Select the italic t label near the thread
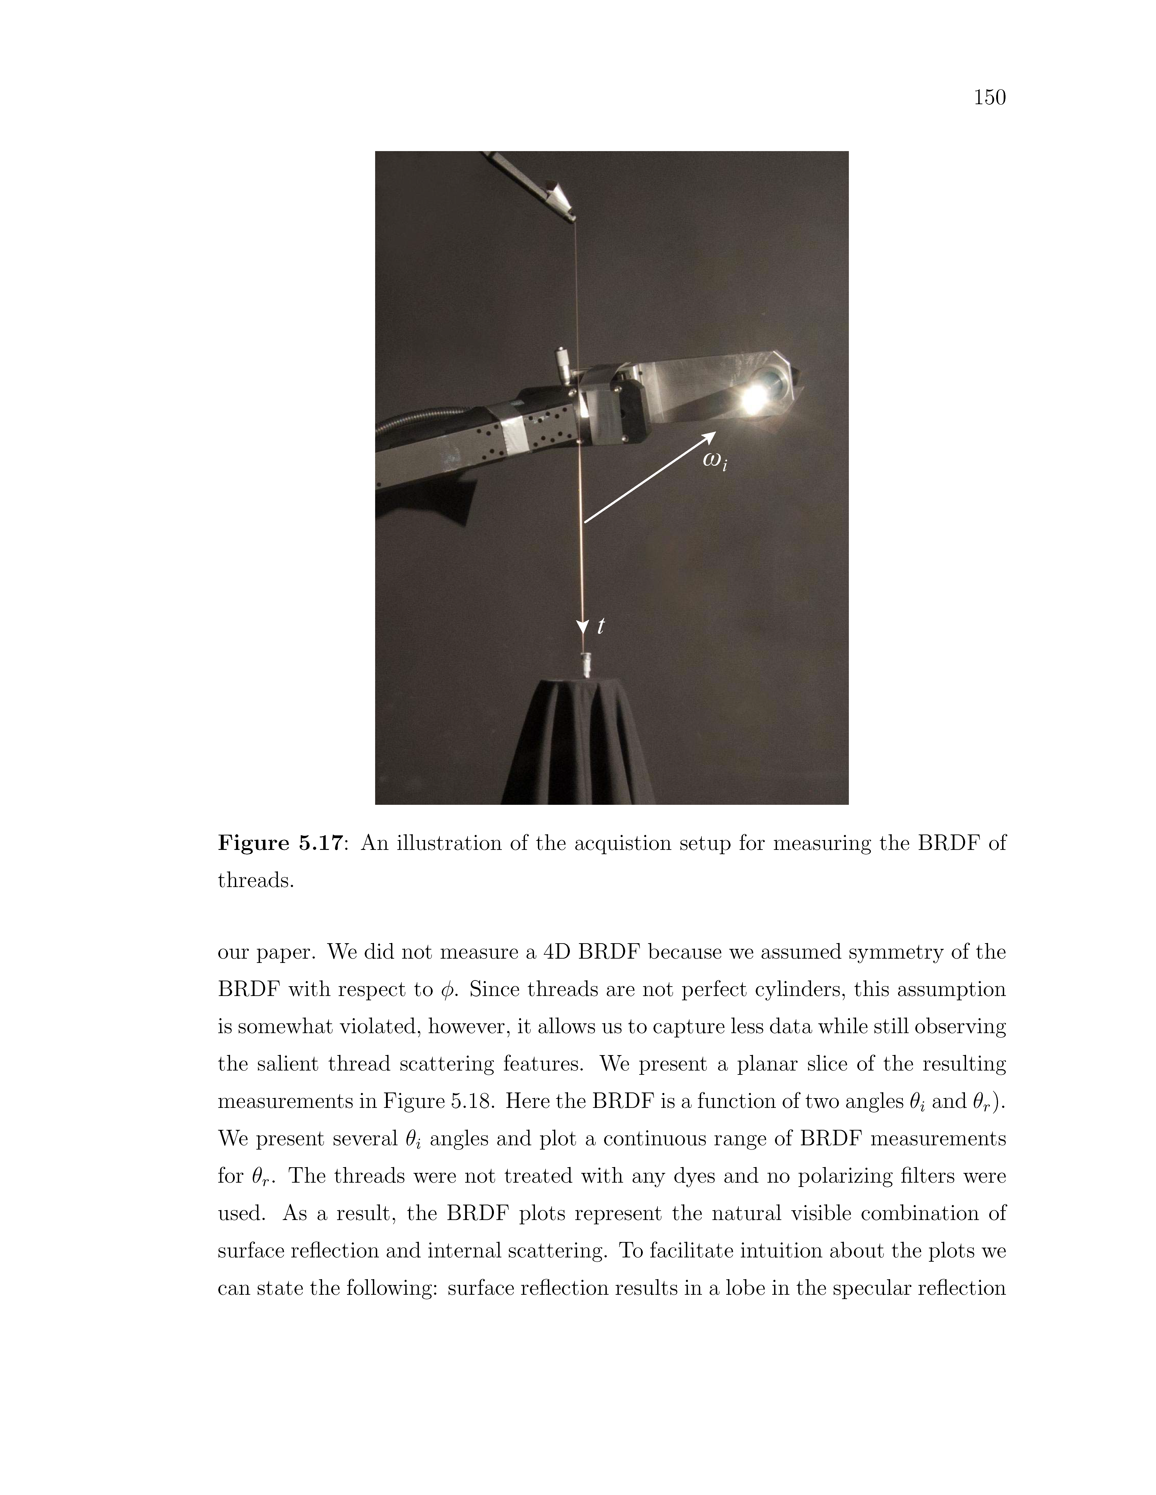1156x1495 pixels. [601, 625]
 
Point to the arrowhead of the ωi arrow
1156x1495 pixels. [710, 436]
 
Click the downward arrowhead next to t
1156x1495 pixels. [583, 626]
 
